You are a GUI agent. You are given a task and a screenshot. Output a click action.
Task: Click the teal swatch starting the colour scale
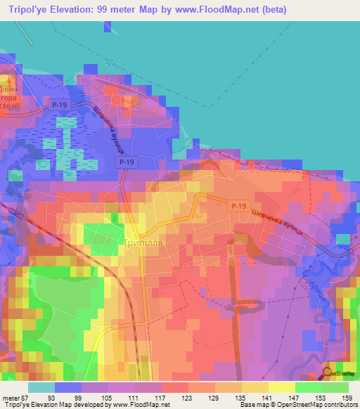[x=41, y=387]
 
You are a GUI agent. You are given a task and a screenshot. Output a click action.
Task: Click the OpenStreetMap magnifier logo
[x=328, y=373]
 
